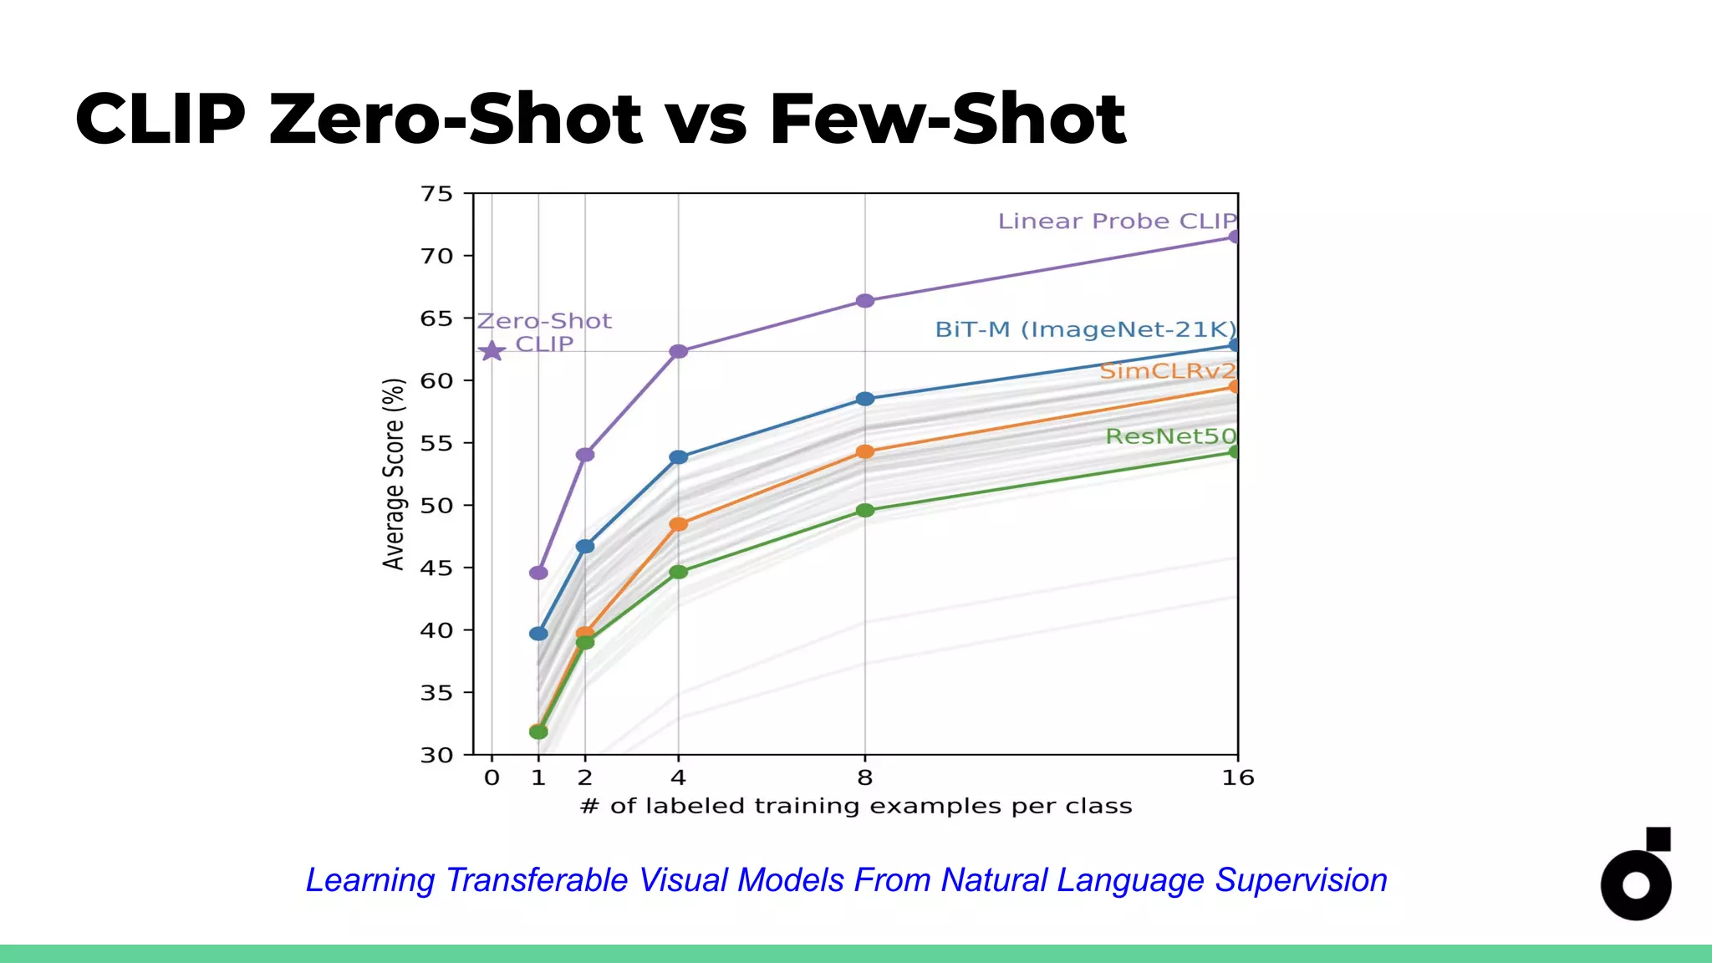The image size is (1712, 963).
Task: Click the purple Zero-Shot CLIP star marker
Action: [492, 351]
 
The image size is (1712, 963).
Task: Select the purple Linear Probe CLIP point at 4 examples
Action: [679, 351]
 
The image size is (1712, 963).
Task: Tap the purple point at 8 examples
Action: [865, 301]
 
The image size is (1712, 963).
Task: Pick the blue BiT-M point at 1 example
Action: [538, 634]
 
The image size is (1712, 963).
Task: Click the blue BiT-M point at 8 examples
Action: [865, 399]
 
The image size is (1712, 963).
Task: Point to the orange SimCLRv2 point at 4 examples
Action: [679, 524]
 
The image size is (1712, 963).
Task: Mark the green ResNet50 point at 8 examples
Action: [865, 510]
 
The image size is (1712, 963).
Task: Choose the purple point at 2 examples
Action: [585, 455]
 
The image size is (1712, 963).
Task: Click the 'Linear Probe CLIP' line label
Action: [1117, 222]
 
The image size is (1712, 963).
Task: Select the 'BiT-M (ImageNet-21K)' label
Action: [1085, 329]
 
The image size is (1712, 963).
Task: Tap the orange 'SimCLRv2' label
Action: [1167, 371]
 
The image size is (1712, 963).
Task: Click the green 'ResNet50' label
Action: [1170, 436]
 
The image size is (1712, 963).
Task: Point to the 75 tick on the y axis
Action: [436, 194]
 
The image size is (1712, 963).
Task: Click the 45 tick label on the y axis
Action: [436, 568]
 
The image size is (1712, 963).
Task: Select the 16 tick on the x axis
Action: [1238, 778]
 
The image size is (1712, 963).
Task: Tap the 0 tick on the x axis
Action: [492, 778]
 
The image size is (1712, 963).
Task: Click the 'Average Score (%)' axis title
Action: [394, 474]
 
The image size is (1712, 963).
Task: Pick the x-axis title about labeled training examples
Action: [856, 807]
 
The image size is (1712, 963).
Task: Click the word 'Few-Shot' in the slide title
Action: [947, 119]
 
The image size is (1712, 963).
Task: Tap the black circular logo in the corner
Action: [1636, 878]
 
